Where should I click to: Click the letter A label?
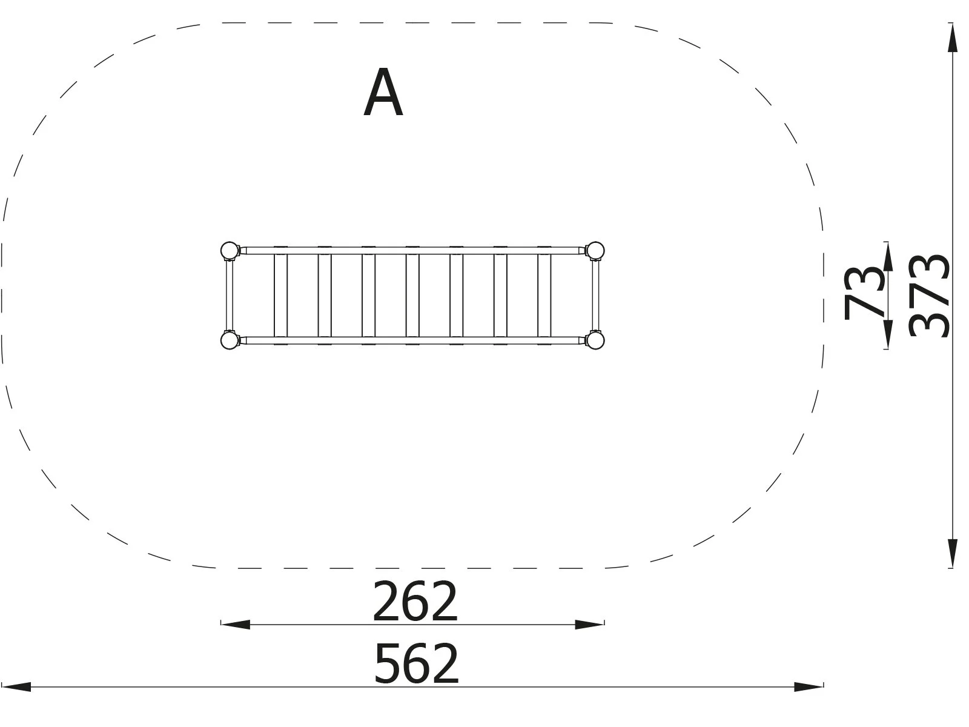tap(383, 93)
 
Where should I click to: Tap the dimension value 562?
tap(417, 663)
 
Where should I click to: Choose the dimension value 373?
tap(930, 295)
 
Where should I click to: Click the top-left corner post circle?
tap(229, 250)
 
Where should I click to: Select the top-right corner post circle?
tap(595, 250)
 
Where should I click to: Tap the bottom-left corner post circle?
tap(229, 340)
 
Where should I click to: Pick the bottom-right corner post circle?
tap(595, 340)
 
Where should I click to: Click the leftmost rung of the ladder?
tap(280, 295)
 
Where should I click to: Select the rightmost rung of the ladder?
tap(544, 295)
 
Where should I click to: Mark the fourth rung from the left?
tap(412, 295)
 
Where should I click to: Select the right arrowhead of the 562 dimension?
tap(809, 687)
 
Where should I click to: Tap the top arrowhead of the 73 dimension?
tap(888, 257)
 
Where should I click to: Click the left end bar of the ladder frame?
tap(229, 295)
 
